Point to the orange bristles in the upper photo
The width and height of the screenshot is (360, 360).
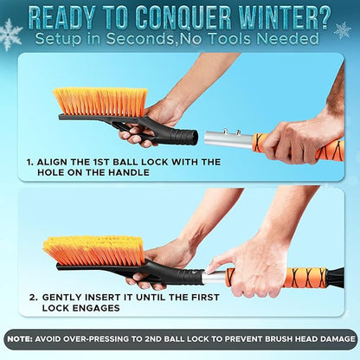tap(100, 100)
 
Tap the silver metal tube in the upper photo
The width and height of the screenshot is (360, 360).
tap(228, 138)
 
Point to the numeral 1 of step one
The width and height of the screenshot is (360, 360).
tap(30, 161)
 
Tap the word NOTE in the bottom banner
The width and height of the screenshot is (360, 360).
tap(23, 337)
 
